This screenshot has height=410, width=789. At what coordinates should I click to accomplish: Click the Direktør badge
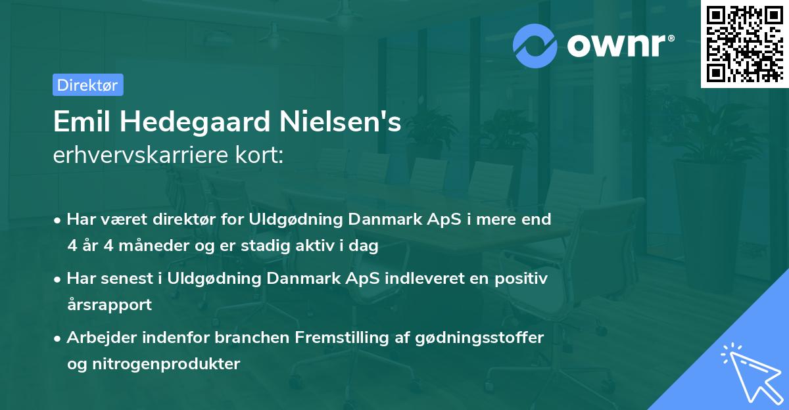(87, 85)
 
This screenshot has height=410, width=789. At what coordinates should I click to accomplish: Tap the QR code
(744, 43)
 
